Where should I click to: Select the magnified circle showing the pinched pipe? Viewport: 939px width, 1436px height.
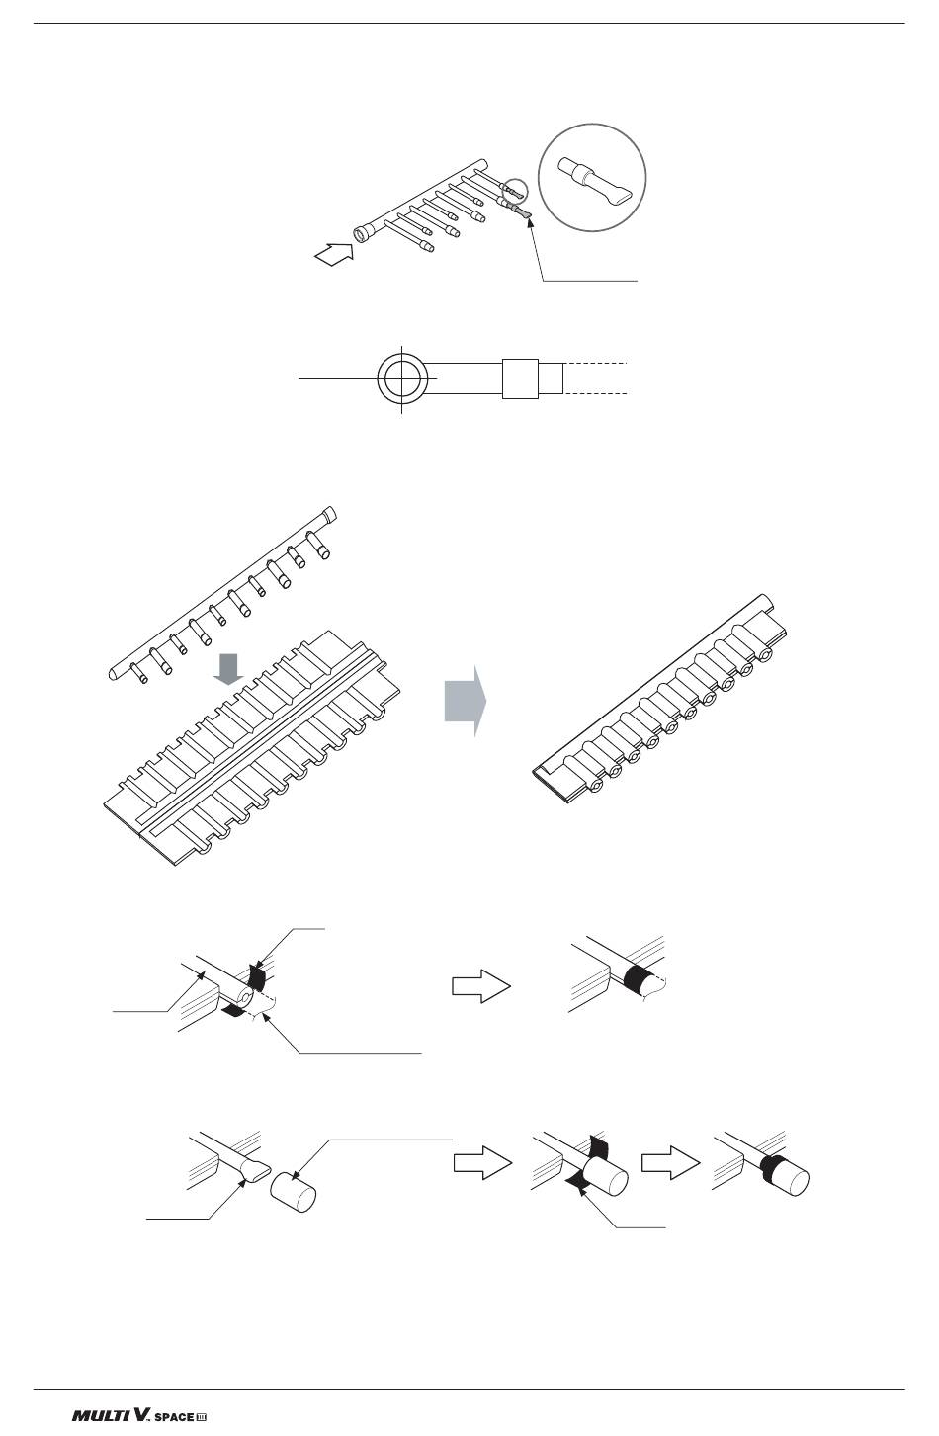[x=593, y=179]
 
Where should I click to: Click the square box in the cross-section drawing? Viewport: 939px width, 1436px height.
[x=520, y=378]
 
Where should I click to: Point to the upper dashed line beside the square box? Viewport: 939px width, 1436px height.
[x=596, y=364]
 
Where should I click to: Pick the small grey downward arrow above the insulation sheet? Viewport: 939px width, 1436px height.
[x=228, y=667]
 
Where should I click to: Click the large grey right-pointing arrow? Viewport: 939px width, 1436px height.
[x=466, y=701]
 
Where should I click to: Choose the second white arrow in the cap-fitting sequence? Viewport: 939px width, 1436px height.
[x=669, y=1163]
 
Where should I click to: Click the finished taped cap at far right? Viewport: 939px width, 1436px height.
[x=788, y=1177]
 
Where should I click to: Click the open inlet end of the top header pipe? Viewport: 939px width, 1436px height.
[x=363, y=233]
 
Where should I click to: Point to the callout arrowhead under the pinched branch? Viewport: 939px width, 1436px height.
[x=531, y=223]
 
